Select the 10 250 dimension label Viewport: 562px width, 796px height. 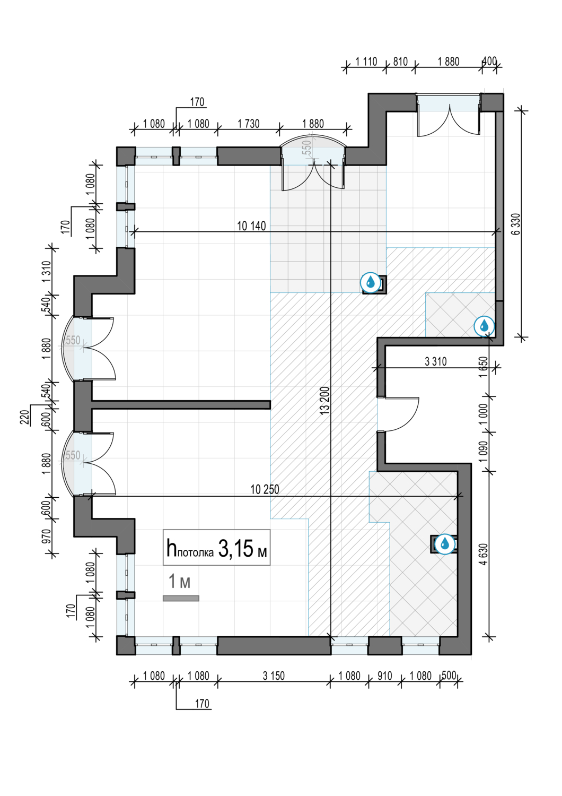[x=265, y=489]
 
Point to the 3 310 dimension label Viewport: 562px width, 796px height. [x=435, y=362]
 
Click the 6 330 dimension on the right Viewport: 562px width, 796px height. [x=516, y=223]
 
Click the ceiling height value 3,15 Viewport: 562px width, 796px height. [x=235, y=549]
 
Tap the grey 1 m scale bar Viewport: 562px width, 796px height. [x=181, y=599]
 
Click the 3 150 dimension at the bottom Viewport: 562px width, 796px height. [x=274, y=676]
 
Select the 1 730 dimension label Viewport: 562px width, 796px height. [x=249, y=124]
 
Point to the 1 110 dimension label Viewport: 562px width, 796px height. [x=366, y=62]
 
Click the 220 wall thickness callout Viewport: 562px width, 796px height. [x=24, y=418]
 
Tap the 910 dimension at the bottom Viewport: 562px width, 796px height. [x=384, y=676]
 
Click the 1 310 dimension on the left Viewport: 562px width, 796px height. [x=47, y=272]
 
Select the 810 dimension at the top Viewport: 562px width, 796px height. [x=400, y=62]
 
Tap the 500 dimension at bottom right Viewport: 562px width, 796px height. [x=449, y=675]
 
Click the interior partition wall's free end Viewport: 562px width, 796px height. [x=270, y=405]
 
